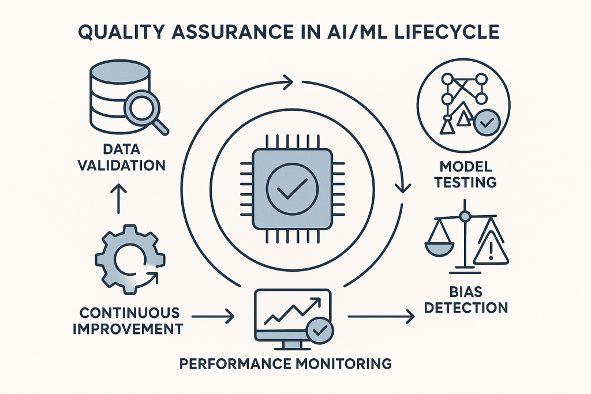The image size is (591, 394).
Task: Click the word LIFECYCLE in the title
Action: coord(444,32)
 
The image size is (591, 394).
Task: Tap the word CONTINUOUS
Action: coord(129,313)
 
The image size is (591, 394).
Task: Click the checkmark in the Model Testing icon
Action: coord(486,123)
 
